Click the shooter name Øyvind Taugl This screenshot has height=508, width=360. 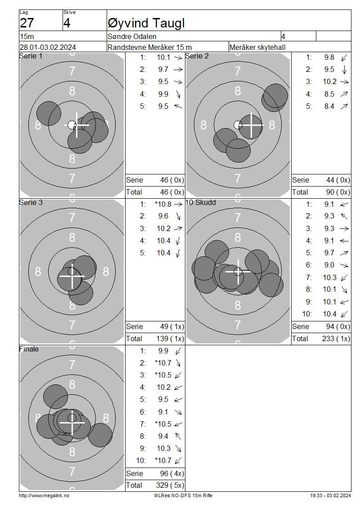tap(146, 23)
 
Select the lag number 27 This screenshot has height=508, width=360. tap(27, 23)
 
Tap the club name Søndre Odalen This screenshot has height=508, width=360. tap(132, 36)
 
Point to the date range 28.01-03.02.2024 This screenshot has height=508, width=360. tap(48, 47)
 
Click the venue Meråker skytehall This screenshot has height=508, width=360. tap(257, 47)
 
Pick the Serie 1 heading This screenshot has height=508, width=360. tap(31, 56)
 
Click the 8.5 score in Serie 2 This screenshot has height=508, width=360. tap(329, 94)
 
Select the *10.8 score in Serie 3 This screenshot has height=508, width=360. tap(163, 204)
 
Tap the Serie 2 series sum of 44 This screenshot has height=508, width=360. tap(330, 180)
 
